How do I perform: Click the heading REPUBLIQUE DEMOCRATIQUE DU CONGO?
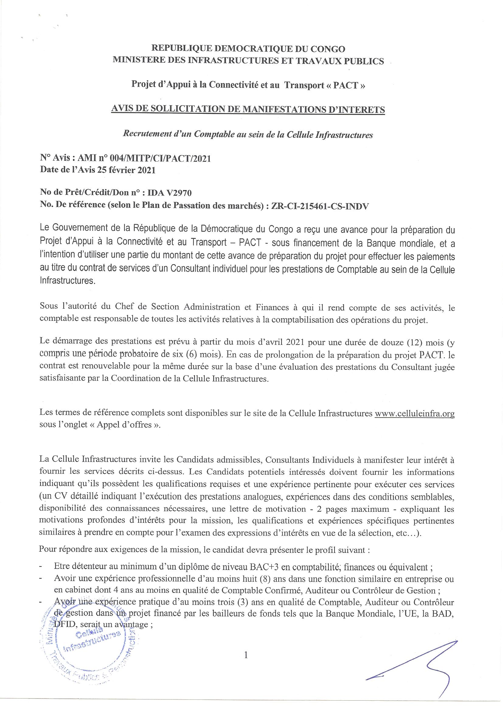coord(248,49)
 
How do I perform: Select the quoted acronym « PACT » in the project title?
coord(349,85)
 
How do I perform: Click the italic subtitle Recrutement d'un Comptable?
coord(248,135)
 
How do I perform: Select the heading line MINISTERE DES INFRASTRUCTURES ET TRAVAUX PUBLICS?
coord(248,61)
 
